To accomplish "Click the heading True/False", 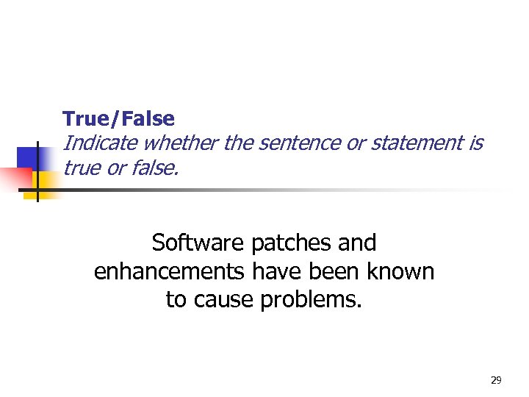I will tap(118, 118).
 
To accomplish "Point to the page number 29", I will tap(495, 380).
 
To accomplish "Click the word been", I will tap(329, 272).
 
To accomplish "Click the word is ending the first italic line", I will tap(475, 143).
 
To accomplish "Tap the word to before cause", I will tap(176, 301).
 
